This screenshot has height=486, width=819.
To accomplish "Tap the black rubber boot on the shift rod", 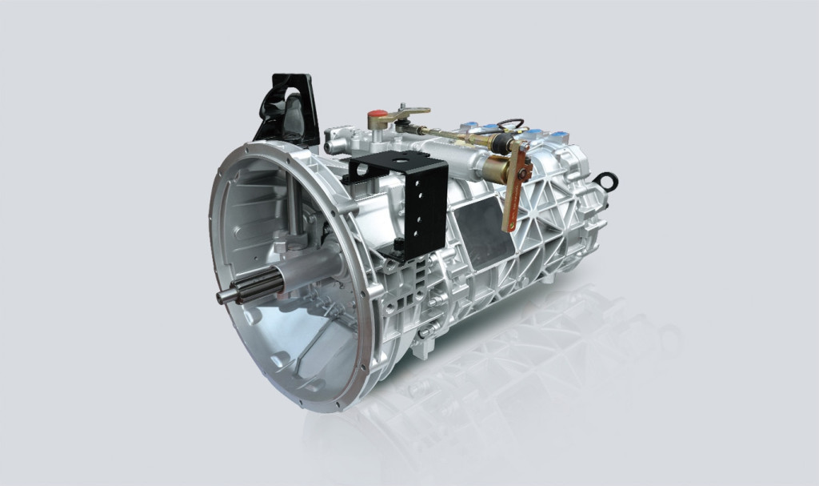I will [504, 144].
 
